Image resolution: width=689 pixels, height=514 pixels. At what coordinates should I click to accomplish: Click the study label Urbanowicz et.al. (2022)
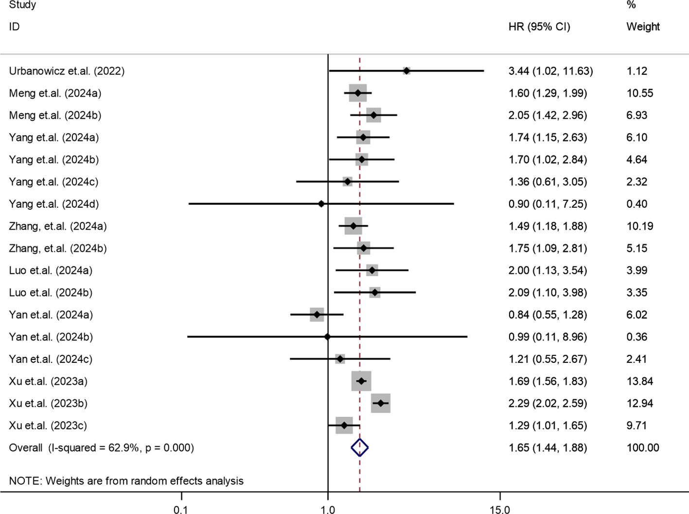67,71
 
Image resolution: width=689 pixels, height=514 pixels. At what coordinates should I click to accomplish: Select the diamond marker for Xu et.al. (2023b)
381,403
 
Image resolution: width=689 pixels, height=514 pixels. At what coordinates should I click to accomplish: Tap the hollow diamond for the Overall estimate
360,447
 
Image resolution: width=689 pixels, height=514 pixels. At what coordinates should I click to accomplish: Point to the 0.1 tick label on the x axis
181,509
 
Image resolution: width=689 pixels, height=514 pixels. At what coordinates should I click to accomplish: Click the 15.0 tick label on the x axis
500,509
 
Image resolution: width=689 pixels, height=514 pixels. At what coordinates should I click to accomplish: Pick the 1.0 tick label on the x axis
328,509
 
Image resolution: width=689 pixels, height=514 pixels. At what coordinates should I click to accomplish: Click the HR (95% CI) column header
539,27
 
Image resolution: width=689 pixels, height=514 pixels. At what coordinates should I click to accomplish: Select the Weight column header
643,27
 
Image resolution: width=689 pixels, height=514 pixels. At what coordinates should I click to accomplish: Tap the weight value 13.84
639,381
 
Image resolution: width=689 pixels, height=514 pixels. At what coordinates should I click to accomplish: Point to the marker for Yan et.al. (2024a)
317,315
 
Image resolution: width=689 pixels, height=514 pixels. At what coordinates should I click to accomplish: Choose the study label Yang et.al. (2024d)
54,204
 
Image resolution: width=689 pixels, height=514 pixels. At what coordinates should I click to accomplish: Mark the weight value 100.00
643,448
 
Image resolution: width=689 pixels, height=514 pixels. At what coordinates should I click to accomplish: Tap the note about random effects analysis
126,481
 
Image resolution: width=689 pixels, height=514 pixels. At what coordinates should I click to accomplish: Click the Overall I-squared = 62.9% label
101,448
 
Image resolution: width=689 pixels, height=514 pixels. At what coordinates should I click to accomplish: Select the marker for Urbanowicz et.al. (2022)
406,71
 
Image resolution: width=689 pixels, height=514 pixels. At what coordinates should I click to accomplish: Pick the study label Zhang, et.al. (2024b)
58,248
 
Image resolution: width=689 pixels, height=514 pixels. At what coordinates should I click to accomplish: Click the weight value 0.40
636,204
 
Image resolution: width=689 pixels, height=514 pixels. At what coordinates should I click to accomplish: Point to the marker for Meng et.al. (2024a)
358,93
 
